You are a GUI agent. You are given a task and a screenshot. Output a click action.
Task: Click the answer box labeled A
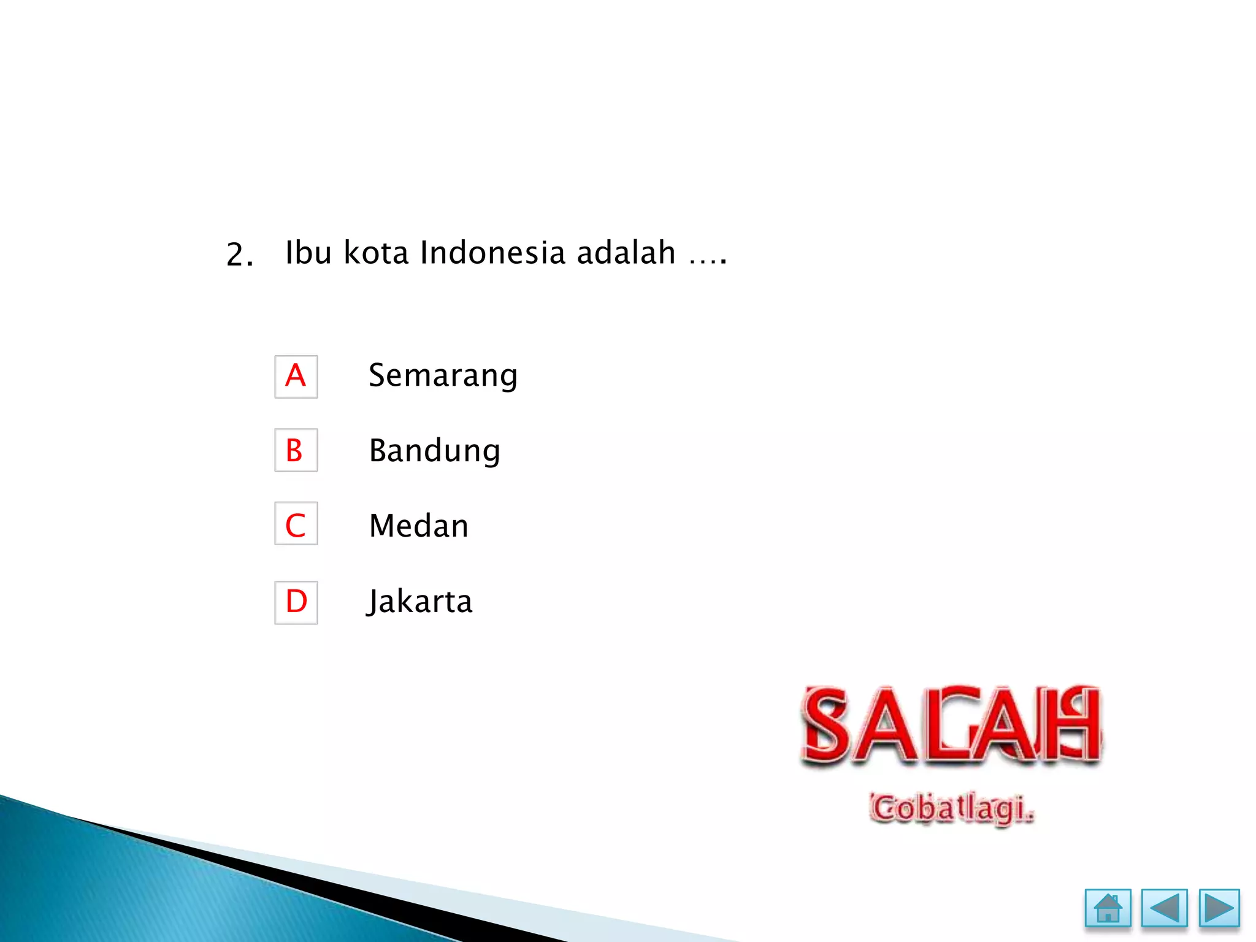[x=296, y=377]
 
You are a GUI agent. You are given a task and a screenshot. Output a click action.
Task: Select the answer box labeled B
[x=296, y=450]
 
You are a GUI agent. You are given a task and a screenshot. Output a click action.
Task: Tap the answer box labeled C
[x=296, y=524]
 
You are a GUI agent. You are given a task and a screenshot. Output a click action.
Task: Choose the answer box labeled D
[x=296, y=602]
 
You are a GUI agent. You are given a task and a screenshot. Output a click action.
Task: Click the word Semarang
[x=443, y=375]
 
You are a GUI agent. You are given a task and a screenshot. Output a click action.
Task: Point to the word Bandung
[x=434, y=451]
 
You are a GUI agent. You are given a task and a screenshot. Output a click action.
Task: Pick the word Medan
[x=419, y=526]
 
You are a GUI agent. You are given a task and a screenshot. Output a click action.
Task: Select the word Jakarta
[x=420, y=602]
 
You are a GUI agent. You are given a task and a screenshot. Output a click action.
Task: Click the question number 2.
[x=239, y=255]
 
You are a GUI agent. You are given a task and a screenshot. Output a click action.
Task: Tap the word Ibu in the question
[x=308, y=253]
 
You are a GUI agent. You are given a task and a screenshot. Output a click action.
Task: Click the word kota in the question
[x=376, y=253]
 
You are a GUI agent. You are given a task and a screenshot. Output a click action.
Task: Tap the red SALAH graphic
[x=951, y=725]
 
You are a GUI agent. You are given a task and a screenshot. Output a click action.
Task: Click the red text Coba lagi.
[x=951, y=808]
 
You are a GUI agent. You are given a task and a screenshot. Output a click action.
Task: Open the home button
[x=1108, y=908]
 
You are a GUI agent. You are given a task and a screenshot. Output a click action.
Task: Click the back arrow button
[x=1164, y=908]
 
